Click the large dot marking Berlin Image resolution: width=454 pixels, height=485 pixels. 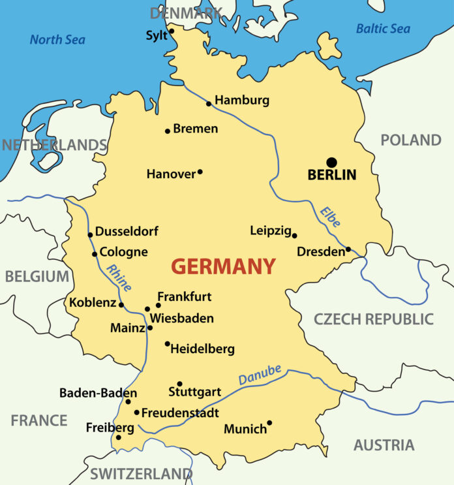332,162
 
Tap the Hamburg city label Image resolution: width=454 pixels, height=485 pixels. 242,101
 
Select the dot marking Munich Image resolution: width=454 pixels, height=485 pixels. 269,422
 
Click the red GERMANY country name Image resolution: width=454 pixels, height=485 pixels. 223,266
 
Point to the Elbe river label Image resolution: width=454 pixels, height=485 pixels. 330,217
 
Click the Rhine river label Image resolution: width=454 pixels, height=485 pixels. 119,278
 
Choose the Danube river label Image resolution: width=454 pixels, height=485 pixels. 260,375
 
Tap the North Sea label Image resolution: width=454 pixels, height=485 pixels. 57,40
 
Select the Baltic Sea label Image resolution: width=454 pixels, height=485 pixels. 383,29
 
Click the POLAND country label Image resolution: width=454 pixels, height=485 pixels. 411,140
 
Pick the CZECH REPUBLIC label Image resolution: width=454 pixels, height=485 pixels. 373,319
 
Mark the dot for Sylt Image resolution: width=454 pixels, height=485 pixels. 172,31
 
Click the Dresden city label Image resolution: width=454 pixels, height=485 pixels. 320,251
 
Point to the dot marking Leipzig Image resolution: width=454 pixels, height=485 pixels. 294,236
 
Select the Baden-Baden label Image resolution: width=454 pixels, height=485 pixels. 98,393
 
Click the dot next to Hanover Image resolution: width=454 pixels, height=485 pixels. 200,172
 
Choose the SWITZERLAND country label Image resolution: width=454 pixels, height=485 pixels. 141,473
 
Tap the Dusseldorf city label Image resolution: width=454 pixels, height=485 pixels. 127,231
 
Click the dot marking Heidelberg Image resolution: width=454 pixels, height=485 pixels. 167,343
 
